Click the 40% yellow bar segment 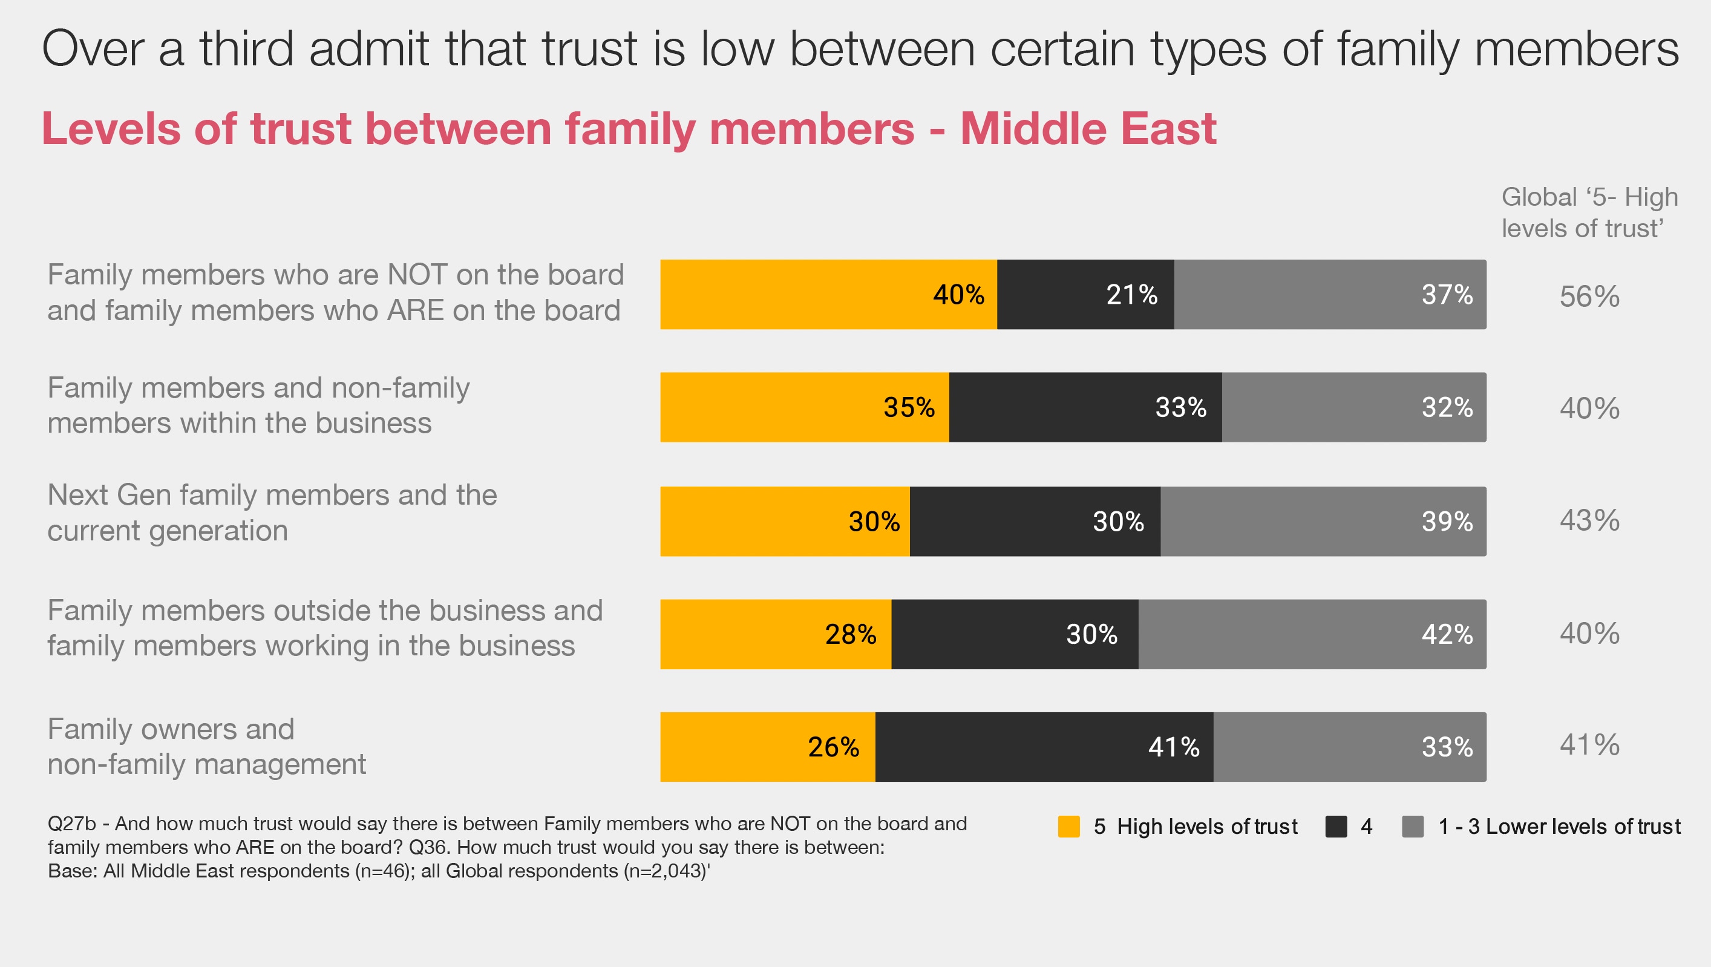pyautogui.click(x=828, y=294)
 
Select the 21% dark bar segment pyautogui.click(x=1085, y=294)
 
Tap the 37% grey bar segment pyautogui.click(x=1330, y=294)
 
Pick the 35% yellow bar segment pyautogui.click(x=803, y=407)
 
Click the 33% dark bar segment pyautogui.click(x=1085, y=407)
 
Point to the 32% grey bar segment pyautogui.click(x=1353, y=407)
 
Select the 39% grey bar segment pyautogui.click(x=1323, y=522)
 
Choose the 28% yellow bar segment pyautogui.click(x=775, y=634)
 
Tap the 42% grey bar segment pyautogui.click(x=1312, y=634)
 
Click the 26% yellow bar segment pyautogui.click(x=767, y=747)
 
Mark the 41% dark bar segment pyautogui.click(x=1044, y=747)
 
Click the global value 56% pyautogui.click(x=1589, y=296)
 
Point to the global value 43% pyautogui.click(x=1589, y=520)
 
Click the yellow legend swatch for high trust pyautogui.click(x=1068, y=827)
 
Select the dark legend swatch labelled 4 pyautogui.click(x=1336, y=827)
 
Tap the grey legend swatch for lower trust pyautogui.click(x=1413, y=827)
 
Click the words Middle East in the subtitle pyautogui.click(x=1088, y=128)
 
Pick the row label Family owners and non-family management pyautogui.click(x=206, y=747)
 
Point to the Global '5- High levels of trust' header pyautogui.click(x=1589, y=212)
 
